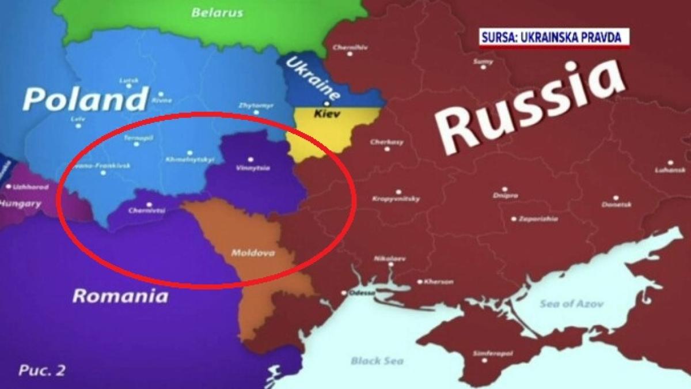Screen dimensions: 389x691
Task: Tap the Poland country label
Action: coord(85,99)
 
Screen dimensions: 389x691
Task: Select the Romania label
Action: coord(120,296)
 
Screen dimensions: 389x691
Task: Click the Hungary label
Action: coord(21,203)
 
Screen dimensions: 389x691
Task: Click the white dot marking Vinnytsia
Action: coord(250,159)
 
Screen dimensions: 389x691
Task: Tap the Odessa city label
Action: coord(362,293)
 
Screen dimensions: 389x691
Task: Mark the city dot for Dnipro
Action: coord(504,188)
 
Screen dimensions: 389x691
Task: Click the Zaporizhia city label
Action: coord(538,219)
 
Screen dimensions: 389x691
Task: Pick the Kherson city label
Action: coord(438,282)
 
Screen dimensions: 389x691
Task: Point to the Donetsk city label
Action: coord(617,205)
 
